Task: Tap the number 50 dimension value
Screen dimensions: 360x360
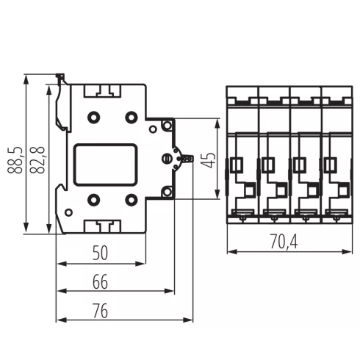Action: click(101, 254)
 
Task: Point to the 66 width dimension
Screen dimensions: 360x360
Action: click(101, 282)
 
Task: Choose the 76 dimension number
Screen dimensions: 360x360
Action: click(101, 311)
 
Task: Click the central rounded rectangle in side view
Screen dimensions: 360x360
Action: click(107, 160)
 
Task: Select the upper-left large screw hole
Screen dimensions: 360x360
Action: click(93, 118)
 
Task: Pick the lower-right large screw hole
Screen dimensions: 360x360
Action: click(132, 199)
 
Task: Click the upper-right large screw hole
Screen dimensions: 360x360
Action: click(132, 118)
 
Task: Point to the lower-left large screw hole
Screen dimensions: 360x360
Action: click(93, 199)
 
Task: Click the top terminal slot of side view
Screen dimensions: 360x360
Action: click(103, 92)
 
